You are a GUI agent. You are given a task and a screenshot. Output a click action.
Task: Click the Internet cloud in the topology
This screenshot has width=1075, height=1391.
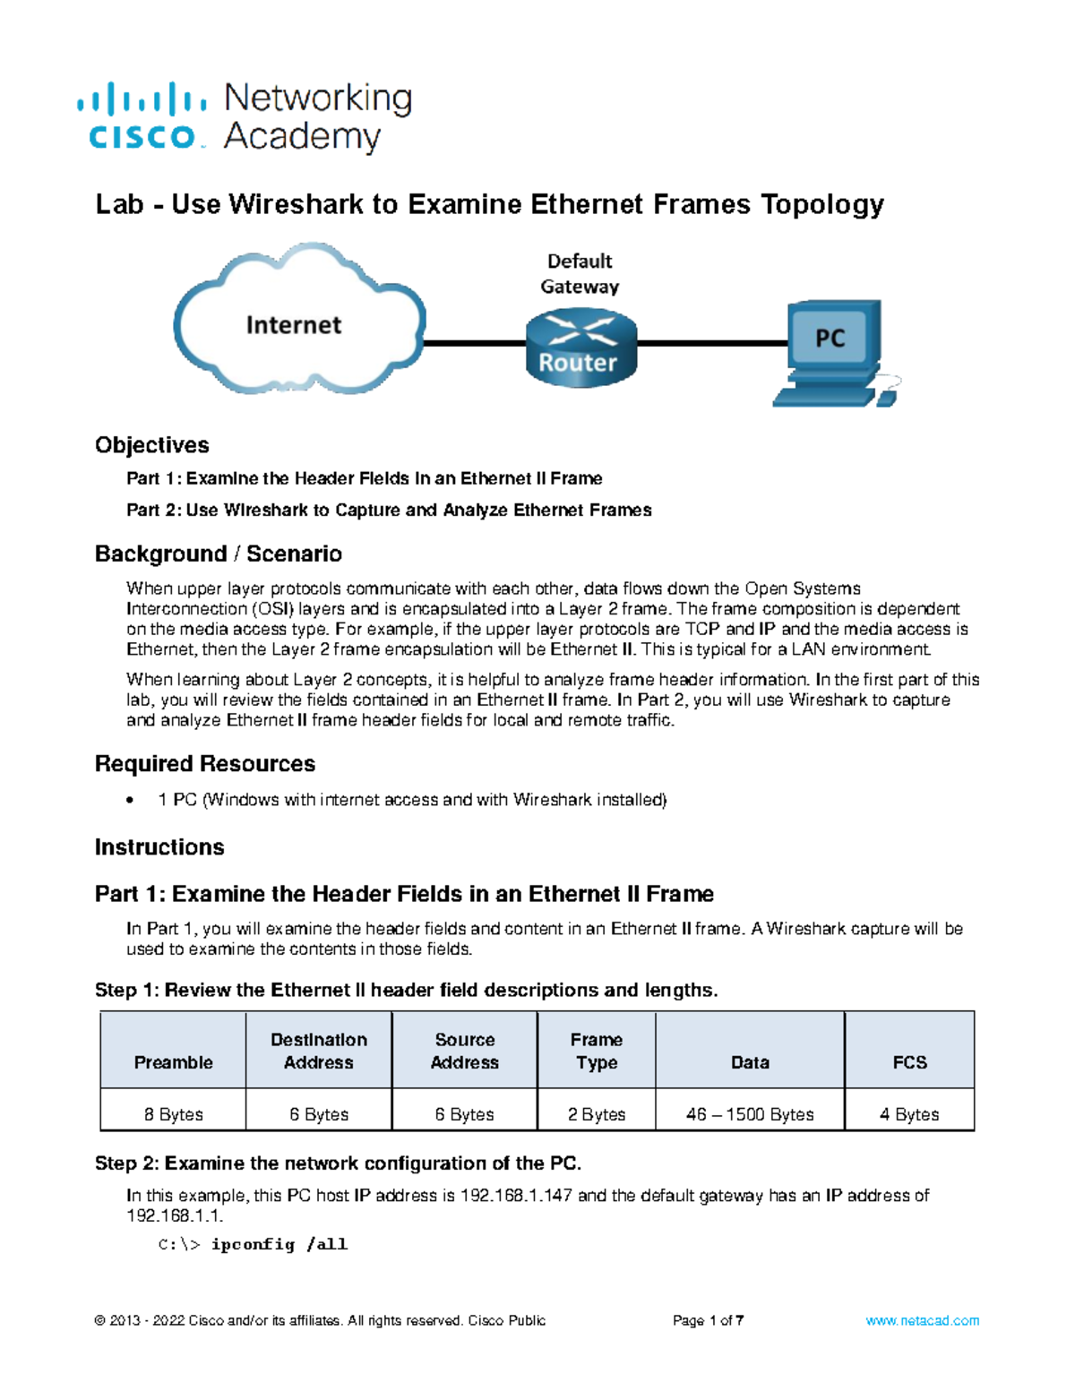(296, 322)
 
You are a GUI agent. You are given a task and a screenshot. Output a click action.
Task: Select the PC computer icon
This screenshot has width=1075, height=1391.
(831, 354)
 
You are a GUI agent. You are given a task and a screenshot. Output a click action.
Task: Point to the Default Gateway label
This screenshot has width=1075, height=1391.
(580, 273)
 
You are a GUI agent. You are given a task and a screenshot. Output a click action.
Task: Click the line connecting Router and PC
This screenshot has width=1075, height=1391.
(712, 343)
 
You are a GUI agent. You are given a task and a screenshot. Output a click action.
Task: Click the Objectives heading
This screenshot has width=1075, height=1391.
(152, 445)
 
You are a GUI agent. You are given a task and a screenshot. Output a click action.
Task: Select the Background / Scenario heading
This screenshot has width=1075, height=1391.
(219, 554)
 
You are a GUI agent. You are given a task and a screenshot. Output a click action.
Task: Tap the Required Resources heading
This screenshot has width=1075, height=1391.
(205, 763)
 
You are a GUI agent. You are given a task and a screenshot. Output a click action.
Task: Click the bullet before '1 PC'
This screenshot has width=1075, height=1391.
(132, 800)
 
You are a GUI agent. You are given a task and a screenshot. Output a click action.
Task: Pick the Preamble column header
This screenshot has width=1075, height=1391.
(173, 1062)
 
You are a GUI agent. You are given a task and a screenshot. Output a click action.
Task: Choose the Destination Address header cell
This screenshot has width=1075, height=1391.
(319, 1051)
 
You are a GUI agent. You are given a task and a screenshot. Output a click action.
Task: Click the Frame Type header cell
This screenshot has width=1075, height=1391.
(597, 1051)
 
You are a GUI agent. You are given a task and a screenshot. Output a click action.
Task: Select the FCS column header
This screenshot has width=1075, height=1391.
(909, 1062)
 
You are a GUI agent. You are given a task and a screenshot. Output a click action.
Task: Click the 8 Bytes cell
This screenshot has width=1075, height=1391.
(173, 1114)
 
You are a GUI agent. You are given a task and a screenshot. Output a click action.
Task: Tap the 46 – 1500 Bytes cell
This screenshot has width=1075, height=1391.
(750, 1114)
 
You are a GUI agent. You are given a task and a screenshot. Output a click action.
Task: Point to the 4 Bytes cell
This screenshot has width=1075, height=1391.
(909, 1114)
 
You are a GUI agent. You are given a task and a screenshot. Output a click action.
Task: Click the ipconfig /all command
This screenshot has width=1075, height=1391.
(279, 1244)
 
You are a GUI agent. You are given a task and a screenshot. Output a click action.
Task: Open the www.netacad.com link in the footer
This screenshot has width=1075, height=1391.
(922, 1320)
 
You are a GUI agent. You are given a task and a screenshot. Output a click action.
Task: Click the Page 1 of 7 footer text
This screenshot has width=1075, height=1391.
(708, 1320)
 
